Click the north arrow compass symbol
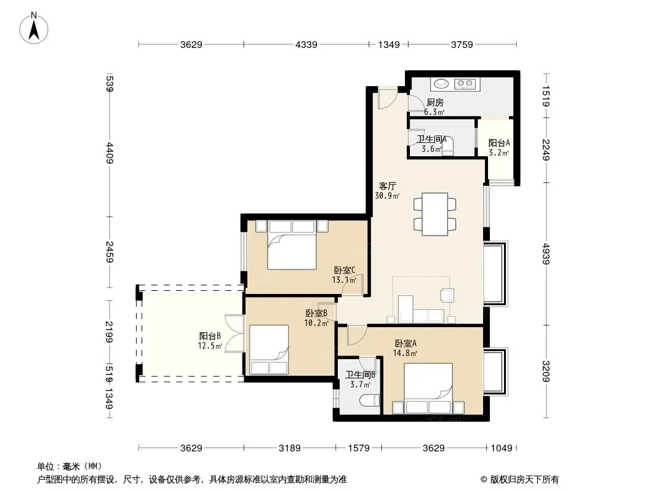(34, 28)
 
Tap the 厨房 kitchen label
(434, 103)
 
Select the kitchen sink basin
(441, 84)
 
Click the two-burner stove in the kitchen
(465, 84)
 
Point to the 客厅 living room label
(387, 186)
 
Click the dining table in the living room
(434, 214)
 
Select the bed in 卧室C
(292, 245)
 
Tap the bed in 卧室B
(268, 349)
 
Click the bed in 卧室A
(428, 388)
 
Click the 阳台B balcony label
(210, 336)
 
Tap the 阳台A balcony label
(499, 143)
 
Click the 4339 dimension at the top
(306, 44)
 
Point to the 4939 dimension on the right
(546, 254)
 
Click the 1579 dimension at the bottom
(359, 448)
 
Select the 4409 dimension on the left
(110, 153)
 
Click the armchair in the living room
(447, 295)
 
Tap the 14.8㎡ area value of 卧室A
(405, 353)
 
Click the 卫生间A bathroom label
(432, 139)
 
